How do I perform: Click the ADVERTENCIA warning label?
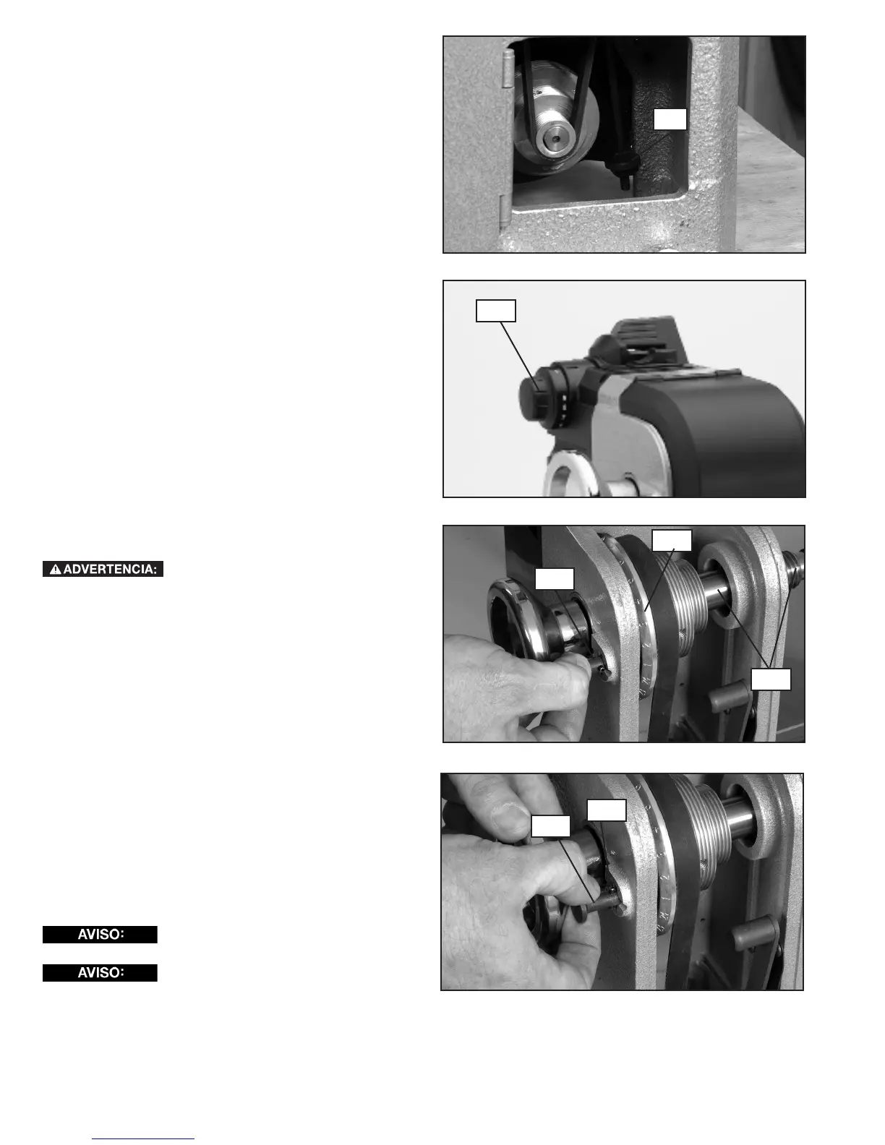pos(103,569)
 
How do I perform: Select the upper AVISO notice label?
pos(101,934)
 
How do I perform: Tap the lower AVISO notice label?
pos(101,973)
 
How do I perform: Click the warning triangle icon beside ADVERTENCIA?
pos(56,569)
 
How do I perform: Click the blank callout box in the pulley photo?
pos(670,119)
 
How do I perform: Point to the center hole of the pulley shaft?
pos(557,140)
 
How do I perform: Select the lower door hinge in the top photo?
pos(505,211)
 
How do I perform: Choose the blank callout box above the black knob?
pos(495,311)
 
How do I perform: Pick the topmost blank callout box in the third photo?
pos(672,541)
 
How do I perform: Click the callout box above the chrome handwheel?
pos(555,578)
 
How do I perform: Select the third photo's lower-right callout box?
pos(771,679)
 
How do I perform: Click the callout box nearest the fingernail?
pos(550,826)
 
